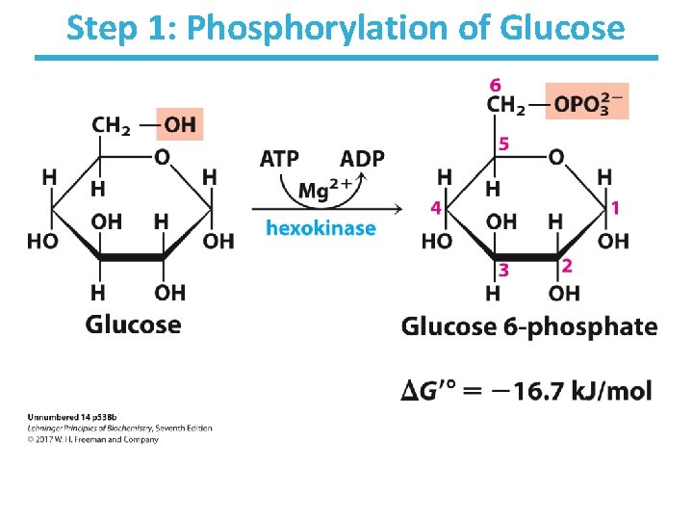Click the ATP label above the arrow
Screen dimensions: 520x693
point(279,158)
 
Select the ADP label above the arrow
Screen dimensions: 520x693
point(362,158)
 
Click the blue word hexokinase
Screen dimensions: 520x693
point(321,228)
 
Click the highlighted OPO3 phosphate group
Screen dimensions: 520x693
point(586,103)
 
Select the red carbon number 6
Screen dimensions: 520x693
point(495,86)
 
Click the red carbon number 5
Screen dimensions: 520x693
point(502,143)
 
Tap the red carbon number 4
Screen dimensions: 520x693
point(435,208)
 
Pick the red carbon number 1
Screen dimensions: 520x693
point(615,207)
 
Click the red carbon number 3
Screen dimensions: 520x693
point(503,272)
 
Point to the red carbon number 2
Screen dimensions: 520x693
point(567,265)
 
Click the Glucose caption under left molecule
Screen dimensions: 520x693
point(133,324)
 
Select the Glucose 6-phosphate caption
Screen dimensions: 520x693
point(528,326)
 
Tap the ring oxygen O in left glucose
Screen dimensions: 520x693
point(163,156)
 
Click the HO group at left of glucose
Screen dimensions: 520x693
point(41,240)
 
